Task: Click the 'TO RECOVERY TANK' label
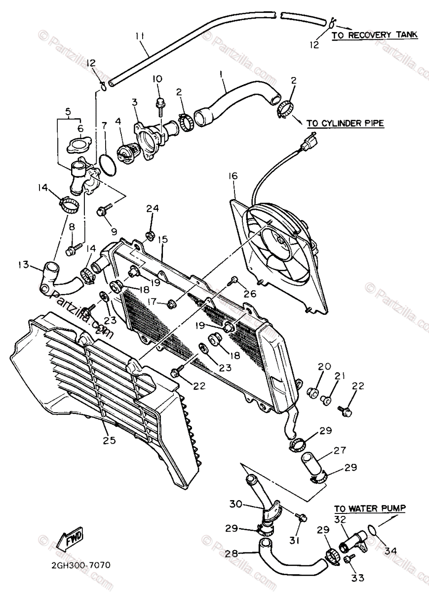[x=374, y=35]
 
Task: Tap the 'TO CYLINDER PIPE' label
[x=345, y=124]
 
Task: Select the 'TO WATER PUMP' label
[x=370, y=508]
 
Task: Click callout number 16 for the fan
[x=233, y=176]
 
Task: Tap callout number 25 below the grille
[x=109, y=440]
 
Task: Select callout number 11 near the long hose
[x=140, y=36]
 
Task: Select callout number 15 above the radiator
[x=162, y=239]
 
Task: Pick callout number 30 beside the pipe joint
[x=235, y=504]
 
